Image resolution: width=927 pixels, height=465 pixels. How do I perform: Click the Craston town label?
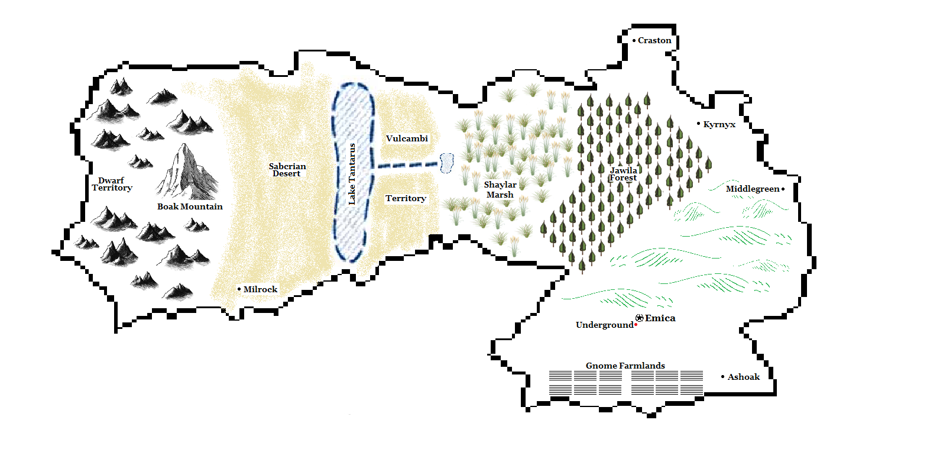coord(654,41)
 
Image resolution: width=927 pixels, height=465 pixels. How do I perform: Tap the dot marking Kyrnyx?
coord(698,124)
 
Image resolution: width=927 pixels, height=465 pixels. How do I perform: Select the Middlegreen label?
coord(753,189)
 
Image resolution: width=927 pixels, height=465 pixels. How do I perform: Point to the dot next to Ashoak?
coord(722,376)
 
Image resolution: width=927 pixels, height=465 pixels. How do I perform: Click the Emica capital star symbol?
coord(639,318)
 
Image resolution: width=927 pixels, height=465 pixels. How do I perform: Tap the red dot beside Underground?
coord(636,325)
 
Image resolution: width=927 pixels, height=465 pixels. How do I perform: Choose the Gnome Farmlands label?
coord(625,366)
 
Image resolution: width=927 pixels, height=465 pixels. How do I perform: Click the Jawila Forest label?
coord(624,174)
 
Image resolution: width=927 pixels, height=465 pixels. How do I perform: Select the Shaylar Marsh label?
coord(500,190)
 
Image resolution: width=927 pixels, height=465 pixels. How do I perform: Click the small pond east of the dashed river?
coord(446,163)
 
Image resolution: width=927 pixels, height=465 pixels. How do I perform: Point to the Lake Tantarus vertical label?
coord(352,174)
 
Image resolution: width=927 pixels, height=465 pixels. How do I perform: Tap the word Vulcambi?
coord(407,138)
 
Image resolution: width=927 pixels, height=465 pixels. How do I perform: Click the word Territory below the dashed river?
coord(406,198)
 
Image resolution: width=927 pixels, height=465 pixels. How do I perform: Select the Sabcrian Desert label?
coord(287,170)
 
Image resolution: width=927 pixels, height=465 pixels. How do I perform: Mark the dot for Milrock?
coord(239,289)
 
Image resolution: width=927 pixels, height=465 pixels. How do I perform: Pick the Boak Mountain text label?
coord(190,206)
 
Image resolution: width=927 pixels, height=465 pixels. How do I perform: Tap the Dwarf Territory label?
coord(112,184)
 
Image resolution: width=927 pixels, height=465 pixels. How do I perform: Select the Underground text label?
coord(604,325)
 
